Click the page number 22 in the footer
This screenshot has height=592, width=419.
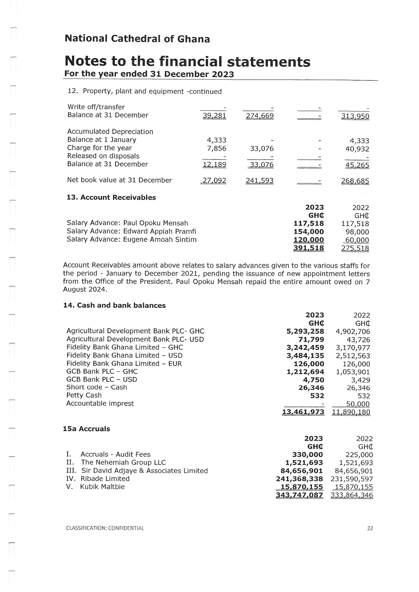(x=370, y=528)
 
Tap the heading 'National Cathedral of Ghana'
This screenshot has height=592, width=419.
(x=137, y=39)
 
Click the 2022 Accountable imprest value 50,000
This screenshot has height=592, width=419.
(x=358, y=404)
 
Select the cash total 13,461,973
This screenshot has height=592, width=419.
(x=303, y=412)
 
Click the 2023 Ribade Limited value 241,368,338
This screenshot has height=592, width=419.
(x=299, y=479)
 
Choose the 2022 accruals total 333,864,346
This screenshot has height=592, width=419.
(x=352, y=495)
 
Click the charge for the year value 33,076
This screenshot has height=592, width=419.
(x=262, y=149)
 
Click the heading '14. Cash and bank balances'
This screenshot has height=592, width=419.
(x=114, y=305)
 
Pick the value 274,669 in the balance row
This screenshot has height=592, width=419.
(x=260, y=116)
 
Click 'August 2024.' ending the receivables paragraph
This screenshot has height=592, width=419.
(x=85, y=289)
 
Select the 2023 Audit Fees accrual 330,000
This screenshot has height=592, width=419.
(x=307, y=455)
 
